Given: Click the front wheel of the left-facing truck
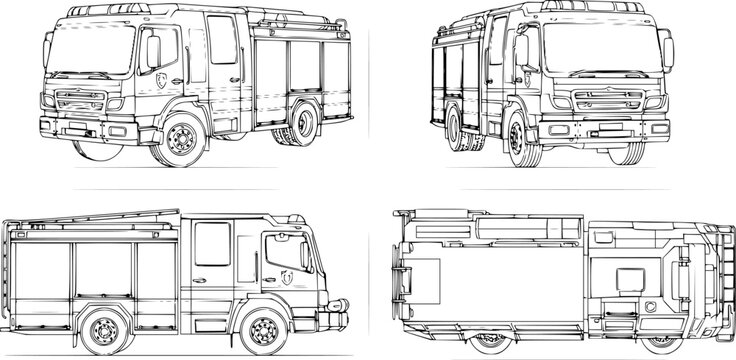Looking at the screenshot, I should [181, 139].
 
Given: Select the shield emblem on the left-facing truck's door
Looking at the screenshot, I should [162, 79].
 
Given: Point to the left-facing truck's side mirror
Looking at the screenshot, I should [153, 51].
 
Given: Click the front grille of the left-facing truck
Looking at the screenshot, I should [80, 101].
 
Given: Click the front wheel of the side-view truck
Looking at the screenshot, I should [263, 330].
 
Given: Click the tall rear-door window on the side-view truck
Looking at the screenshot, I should [212, 244].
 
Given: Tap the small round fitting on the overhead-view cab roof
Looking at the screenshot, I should [649, 306].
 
